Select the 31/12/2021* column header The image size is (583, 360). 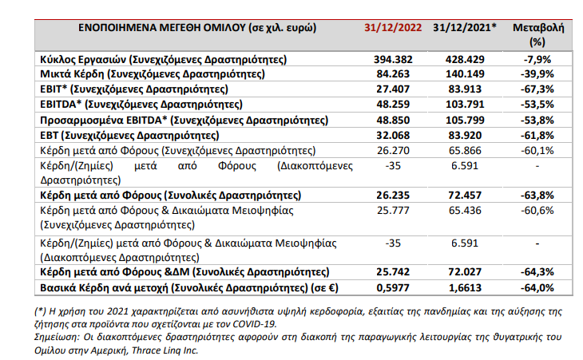(x=468, y=27)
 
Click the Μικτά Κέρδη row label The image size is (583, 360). (x=163, y=75)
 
